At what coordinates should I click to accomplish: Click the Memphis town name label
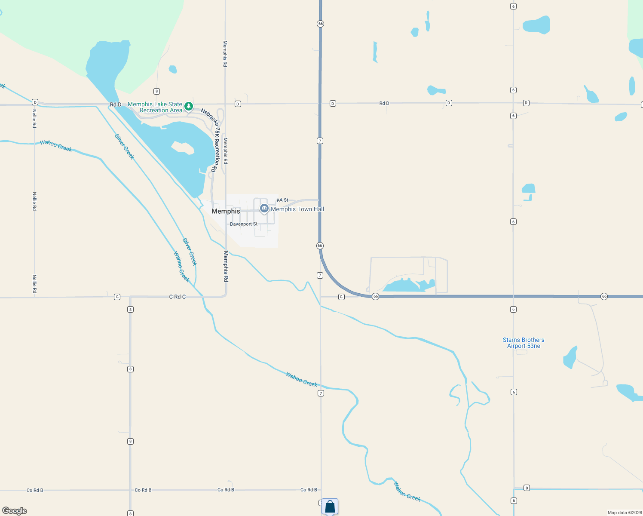(226, 211)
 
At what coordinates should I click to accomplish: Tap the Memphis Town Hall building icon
(264, 209)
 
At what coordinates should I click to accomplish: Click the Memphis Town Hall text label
(297, 209)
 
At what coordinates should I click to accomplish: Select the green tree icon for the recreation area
(188, 106)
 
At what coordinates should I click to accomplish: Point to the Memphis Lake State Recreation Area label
(155, 107)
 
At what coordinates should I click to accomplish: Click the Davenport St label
(244, 224)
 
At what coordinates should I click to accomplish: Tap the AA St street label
(283, 200)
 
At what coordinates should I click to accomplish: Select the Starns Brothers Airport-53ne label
(524, 343)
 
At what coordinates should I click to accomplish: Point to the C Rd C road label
(178, 297)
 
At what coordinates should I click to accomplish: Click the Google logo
(15, 511)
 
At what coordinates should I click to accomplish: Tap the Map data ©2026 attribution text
(625, 513)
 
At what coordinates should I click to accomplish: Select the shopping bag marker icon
(330, 507)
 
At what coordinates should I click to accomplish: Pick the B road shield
(527, 488)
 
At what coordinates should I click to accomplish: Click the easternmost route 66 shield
(604, 296)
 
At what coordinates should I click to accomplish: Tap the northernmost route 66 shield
(320, 24)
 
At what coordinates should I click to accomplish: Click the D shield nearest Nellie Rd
(35, 102)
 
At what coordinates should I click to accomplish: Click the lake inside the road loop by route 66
(406, 286)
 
